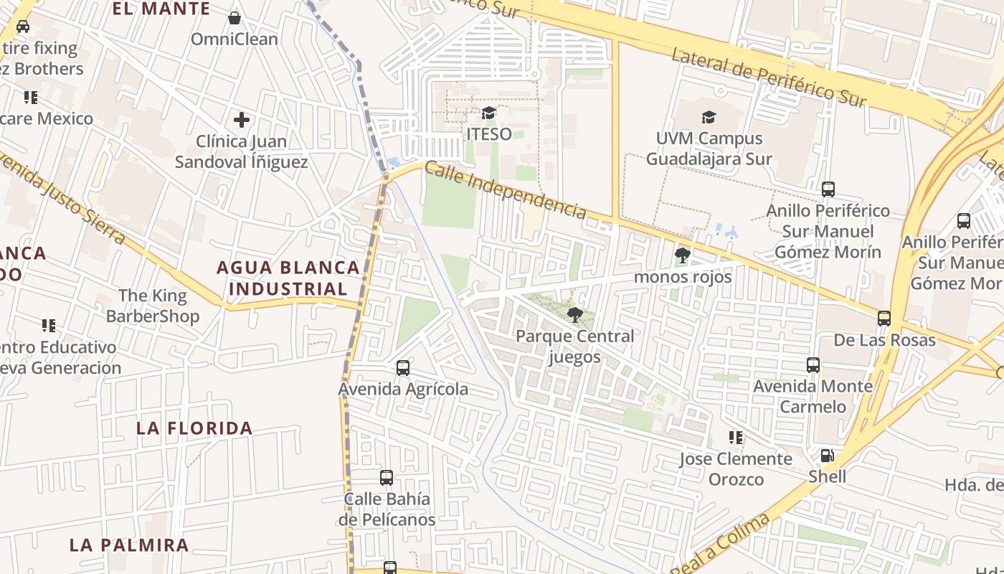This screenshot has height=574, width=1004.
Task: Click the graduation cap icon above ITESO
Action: pyautogui.click(x=489, y=113)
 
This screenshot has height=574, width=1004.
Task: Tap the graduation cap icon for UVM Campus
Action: pyautogui.click(x=709, y=117)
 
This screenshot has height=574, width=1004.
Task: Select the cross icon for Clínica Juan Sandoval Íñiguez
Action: pyautogui.click(x=242, y=120)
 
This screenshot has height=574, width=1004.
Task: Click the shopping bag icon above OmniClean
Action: pyautogui.click(x=235, y=18)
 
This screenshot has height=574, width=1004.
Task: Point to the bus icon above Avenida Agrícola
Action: pyautogui.click(x=403, y=368)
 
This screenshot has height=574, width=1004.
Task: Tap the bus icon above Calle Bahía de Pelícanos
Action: pyautogui.click(x=387, y=478)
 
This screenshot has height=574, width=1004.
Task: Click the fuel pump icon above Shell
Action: pyautogui.click(x=827, y=456)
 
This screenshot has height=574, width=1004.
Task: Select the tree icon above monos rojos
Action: pyautogui.click(x=683, y=255)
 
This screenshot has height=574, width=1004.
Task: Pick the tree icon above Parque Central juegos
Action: pyautogui.click(x=574, y=314)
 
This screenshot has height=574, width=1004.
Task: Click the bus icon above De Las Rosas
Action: pyautogui.click(x=884, y=319)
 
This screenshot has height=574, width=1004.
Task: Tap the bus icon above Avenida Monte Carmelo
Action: pyautogui.click(x=813, y=365)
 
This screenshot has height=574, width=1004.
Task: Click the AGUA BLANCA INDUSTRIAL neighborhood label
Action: pyautogui.click(x=288, y=278)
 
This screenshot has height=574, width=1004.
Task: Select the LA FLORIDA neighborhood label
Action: pyautogui.click(x=194, y=428)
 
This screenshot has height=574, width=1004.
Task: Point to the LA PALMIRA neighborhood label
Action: pyautogui.click(x=129, y=545)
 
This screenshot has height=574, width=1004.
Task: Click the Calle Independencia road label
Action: pyautogui.click(x=506, y=190)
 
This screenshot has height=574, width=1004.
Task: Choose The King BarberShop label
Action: pyautogui.click(x=153, y=306)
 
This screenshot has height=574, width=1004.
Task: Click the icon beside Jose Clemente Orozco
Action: pyautogui.click(x=735, y=437)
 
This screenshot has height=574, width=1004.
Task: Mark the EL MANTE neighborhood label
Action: pyautogui.click(x=161, y=9)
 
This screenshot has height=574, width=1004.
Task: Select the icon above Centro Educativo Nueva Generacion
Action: pyautogui.click(x=49, y=326)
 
